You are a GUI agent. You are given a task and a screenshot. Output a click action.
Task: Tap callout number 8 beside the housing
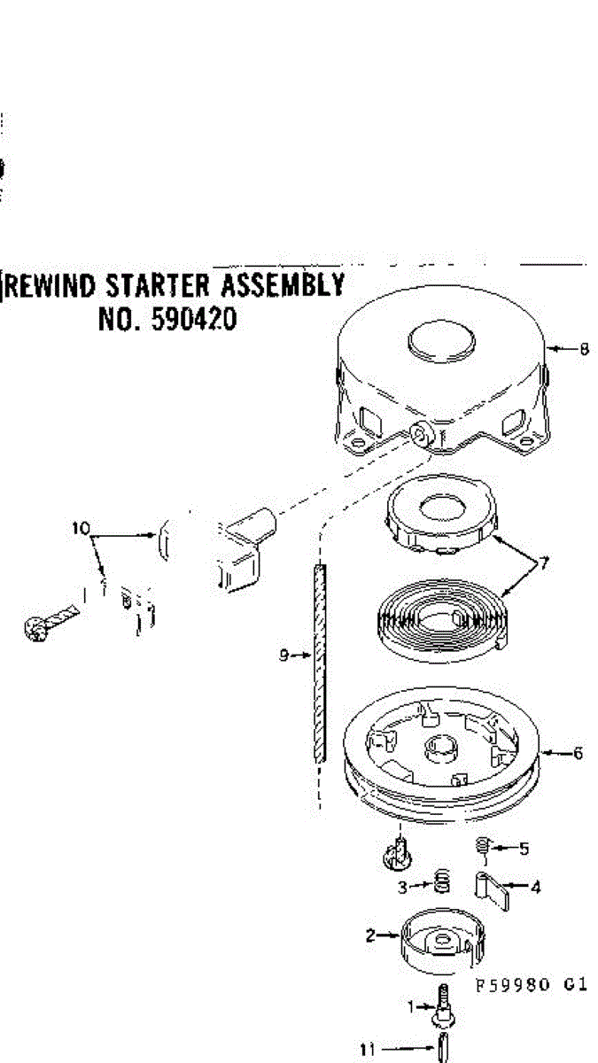[584, 349]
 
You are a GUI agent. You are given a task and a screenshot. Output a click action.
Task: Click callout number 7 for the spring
[543, 563]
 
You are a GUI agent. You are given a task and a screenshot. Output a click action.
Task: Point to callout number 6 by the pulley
[578, 754]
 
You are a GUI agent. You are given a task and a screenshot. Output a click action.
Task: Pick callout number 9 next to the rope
[283, 656]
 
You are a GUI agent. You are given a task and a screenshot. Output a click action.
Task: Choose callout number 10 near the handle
[82, 529]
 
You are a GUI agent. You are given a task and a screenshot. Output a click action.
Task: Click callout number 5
[524, 849]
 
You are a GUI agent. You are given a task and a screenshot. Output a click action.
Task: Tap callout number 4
[537, 885]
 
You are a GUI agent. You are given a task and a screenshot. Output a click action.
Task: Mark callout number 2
[370, 934]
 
